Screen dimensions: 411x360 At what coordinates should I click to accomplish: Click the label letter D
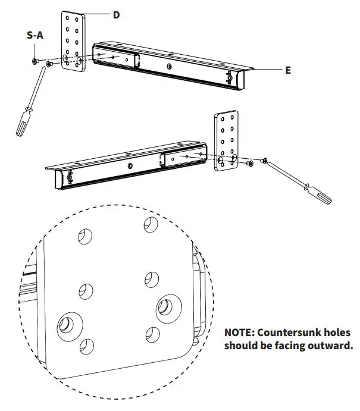point(116,15)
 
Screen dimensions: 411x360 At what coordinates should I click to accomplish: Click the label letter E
point(288,70)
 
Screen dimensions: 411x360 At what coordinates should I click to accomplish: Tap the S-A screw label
point(35,36)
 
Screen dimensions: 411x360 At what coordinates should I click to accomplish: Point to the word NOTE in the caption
point(240,332)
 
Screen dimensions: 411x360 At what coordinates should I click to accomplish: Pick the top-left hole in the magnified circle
point(86,236)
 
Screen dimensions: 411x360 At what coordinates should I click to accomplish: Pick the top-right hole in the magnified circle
point(151,225)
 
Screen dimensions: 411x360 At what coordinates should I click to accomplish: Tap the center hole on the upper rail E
point(170,66)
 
